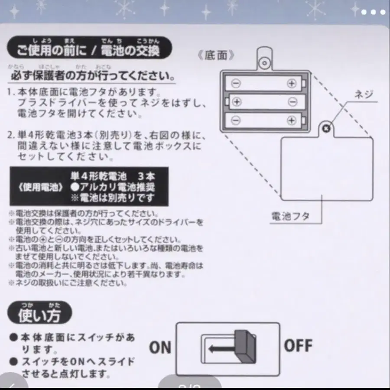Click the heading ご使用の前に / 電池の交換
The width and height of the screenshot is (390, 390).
pyautogui.click(x=88, y=52)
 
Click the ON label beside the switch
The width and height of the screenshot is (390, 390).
pyautogui.click(x=160, y=347)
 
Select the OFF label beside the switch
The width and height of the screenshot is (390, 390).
pyautogui.click(x=298, y=345)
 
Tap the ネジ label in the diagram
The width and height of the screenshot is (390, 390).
pyautogui.click(x=363, y=94)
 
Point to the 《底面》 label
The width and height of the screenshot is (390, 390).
pyautogui.click(x=221, y=55)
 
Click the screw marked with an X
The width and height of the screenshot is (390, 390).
pyautogui.click(x=326, y=127)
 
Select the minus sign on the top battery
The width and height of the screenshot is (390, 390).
pyautogui.click(x=235, y=83)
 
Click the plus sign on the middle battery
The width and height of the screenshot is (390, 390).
pyautogui.click(x=237, y=102)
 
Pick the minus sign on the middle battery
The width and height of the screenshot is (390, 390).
pyautogui.click(x=292, y=102)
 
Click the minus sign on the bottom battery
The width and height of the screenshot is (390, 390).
pyautogui.click(x=235, y=120)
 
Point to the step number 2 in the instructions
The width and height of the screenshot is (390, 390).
pyautogui.click(x=10, y=136)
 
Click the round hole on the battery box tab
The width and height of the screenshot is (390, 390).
pyautogui.click(x=263, y=63)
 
